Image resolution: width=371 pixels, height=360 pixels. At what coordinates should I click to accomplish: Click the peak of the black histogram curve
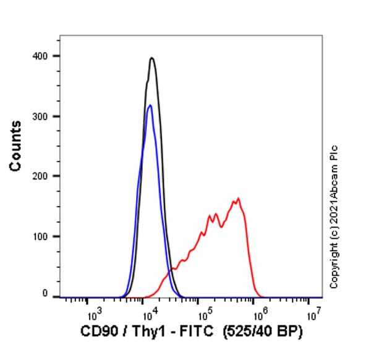(151, 58)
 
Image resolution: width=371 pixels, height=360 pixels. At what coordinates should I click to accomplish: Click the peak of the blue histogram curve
(150, 105)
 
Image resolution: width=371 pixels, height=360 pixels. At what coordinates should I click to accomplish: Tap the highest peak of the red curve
(238, 199)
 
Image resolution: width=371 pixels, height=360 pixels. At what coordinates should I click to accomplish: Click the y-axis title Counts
(16, 146)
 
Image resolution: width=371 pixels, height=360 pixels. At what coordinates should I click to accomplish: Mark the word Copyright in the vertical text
(334, 265)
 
